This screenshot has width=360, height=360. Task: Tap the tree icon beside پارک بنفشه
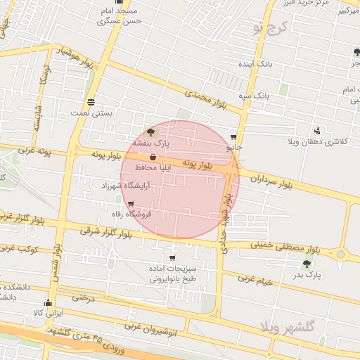point(150,131)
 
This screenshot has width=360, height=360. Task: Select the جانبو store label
point(234,148)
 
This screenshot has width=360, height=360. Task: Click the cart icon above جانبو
point(234,138)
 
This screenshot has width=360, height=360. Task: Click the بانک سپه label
point(254,94)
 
